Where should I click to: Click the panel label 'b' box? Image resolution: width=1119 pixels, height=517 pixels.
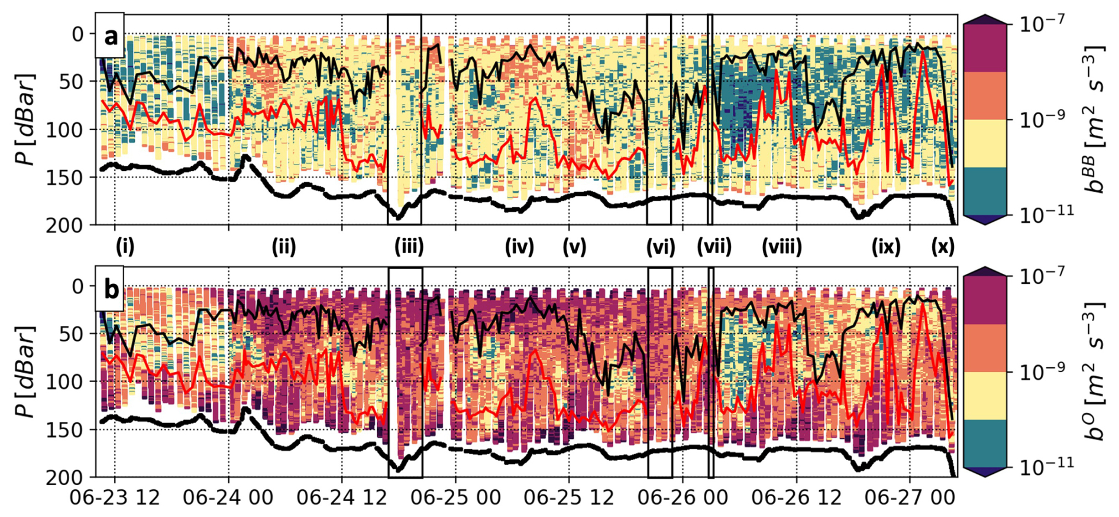110,290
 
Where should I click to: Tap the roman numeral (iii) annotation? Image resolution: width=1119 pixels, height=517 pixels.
409,246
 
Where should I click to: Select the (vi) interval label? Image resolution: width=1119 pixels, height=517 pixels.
660,246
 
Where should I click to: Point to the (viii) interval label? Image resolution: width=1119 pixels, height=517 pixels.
781,246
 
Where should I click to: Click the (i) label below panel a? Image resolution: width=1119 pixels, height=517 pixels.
125,246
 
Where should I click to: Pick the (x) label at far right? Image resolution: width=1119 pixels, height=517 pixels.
942,246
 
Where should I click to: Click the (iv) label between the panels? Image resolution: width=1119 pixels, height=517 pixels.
519,246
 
